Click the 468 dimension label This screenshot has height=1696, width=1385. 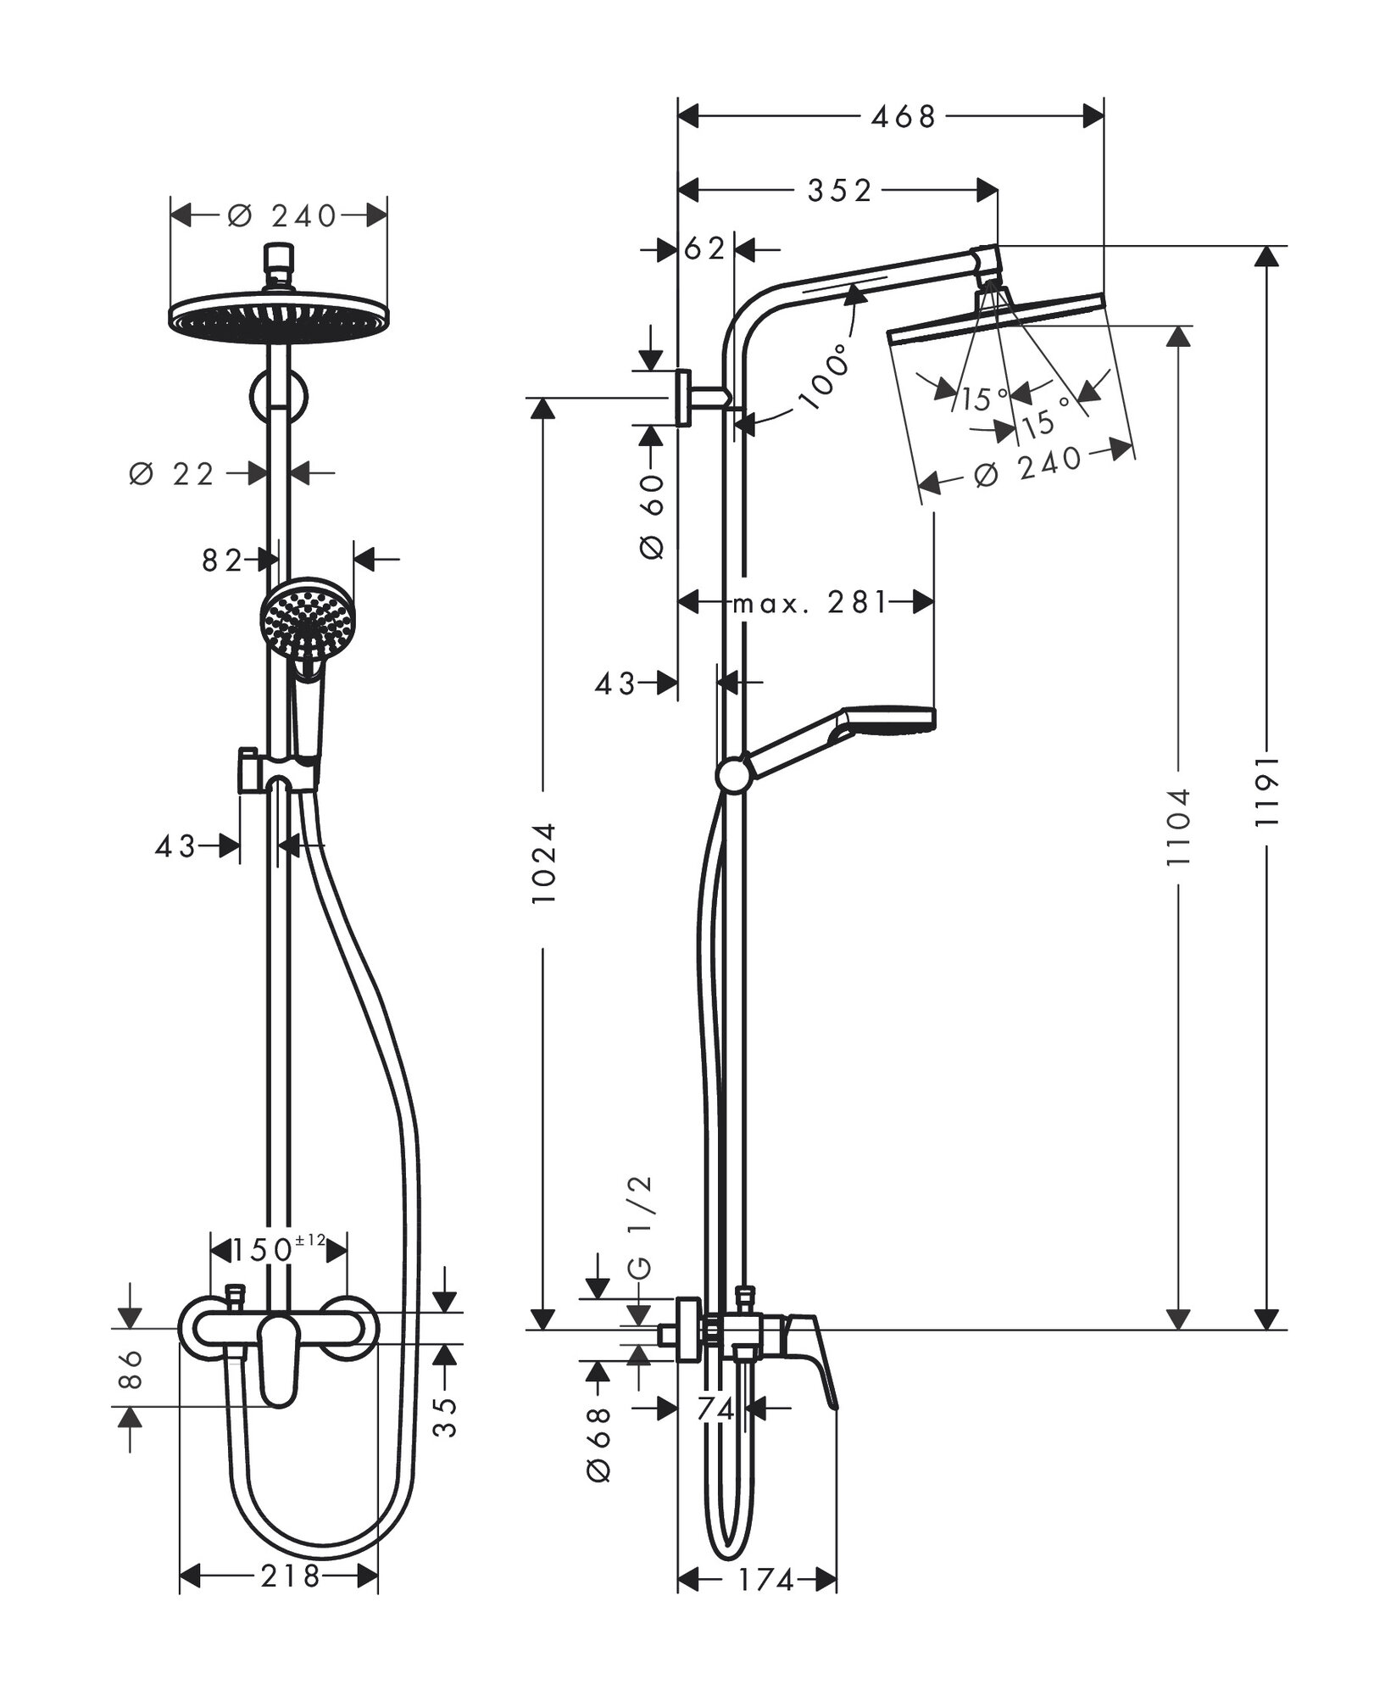(903, 116)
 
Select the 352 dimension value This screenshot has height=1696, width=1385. (839, 191)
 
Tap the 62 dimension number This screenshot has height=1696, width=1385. (705, 248)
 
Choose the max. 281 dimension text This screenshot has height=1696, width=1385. (809, 603)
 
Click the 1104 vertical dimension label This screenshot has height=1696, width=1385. (1178, 827)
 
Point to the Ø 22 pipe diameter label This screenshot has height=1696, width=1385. (173, 474)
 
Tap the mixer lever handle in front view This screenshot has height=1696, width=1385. (280, 1369)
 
